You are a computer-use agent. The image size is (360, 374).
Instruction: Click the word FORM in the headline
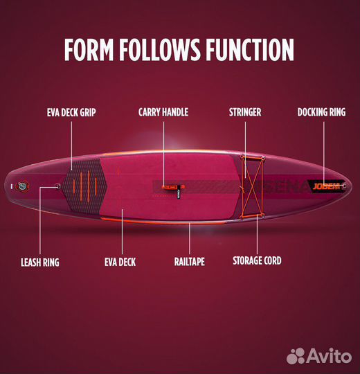(x=89, y=49)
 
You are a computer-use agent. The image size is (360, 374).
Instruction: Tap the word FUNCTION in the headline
(x=250, y=49)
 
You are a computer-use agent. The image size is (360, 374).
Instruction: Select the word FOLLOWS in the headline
(x=160, y=49)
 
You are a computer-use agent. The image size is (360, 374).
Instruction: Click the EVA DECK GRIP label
(x=71, y=112)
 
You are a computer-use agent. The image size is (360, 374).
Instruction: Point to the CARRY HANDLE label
(x=163, y=112)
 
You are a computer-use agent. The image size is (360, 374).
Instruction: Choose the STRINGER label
(x=245, y=112)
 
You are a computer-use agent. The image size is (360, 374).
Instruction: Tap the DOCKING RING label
(x=321, y=112)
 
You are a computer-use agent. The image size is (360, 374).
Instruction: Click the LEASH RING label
(x=40, y=262)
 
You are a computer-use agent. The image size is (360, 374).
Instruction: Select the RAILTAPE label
(x=190, y=261)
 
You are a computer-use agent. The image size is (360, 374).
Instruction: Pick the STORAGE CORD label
(x=257, y=260)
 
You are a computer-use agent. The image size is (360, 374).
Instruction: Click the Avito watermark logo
(x=319, y=356)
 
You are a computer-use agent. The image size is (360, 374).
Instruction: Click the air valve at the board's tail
(x=22, y=186)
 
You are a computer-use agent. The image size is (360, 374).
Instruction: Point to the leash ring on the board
(x=57, y=186)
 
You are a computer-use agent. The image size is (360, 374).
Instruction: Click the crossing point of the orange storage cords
(x=252, y=186)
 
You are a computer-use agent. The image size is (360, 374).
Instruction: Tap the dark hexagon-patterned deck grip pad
(x=85, y=186)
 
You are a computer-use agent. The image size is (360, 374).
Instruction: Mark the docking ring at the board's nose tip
(x=345, y=186)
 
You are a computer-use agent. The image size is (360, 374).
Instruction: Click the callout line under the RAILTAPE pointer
(x=190, y=238)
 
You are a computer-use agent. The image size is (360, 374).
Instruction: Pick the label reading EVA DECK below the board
(x=120, y=262)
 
